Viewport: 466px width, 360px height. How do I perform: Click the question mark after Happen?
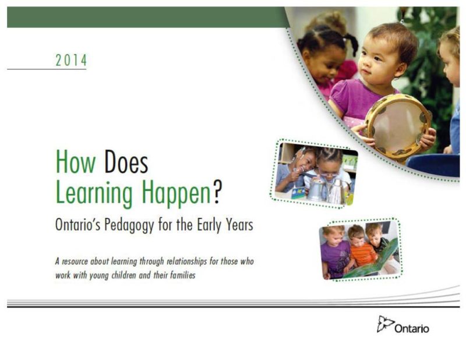point(217,192)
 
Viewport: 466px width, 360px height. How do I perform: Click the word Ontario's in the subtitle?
point(78,225)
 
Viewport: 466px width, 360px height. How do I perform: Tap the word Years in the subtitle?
point(238,225)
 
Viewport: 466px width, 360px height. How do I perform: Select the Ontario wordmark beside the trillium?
point(412,329)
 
